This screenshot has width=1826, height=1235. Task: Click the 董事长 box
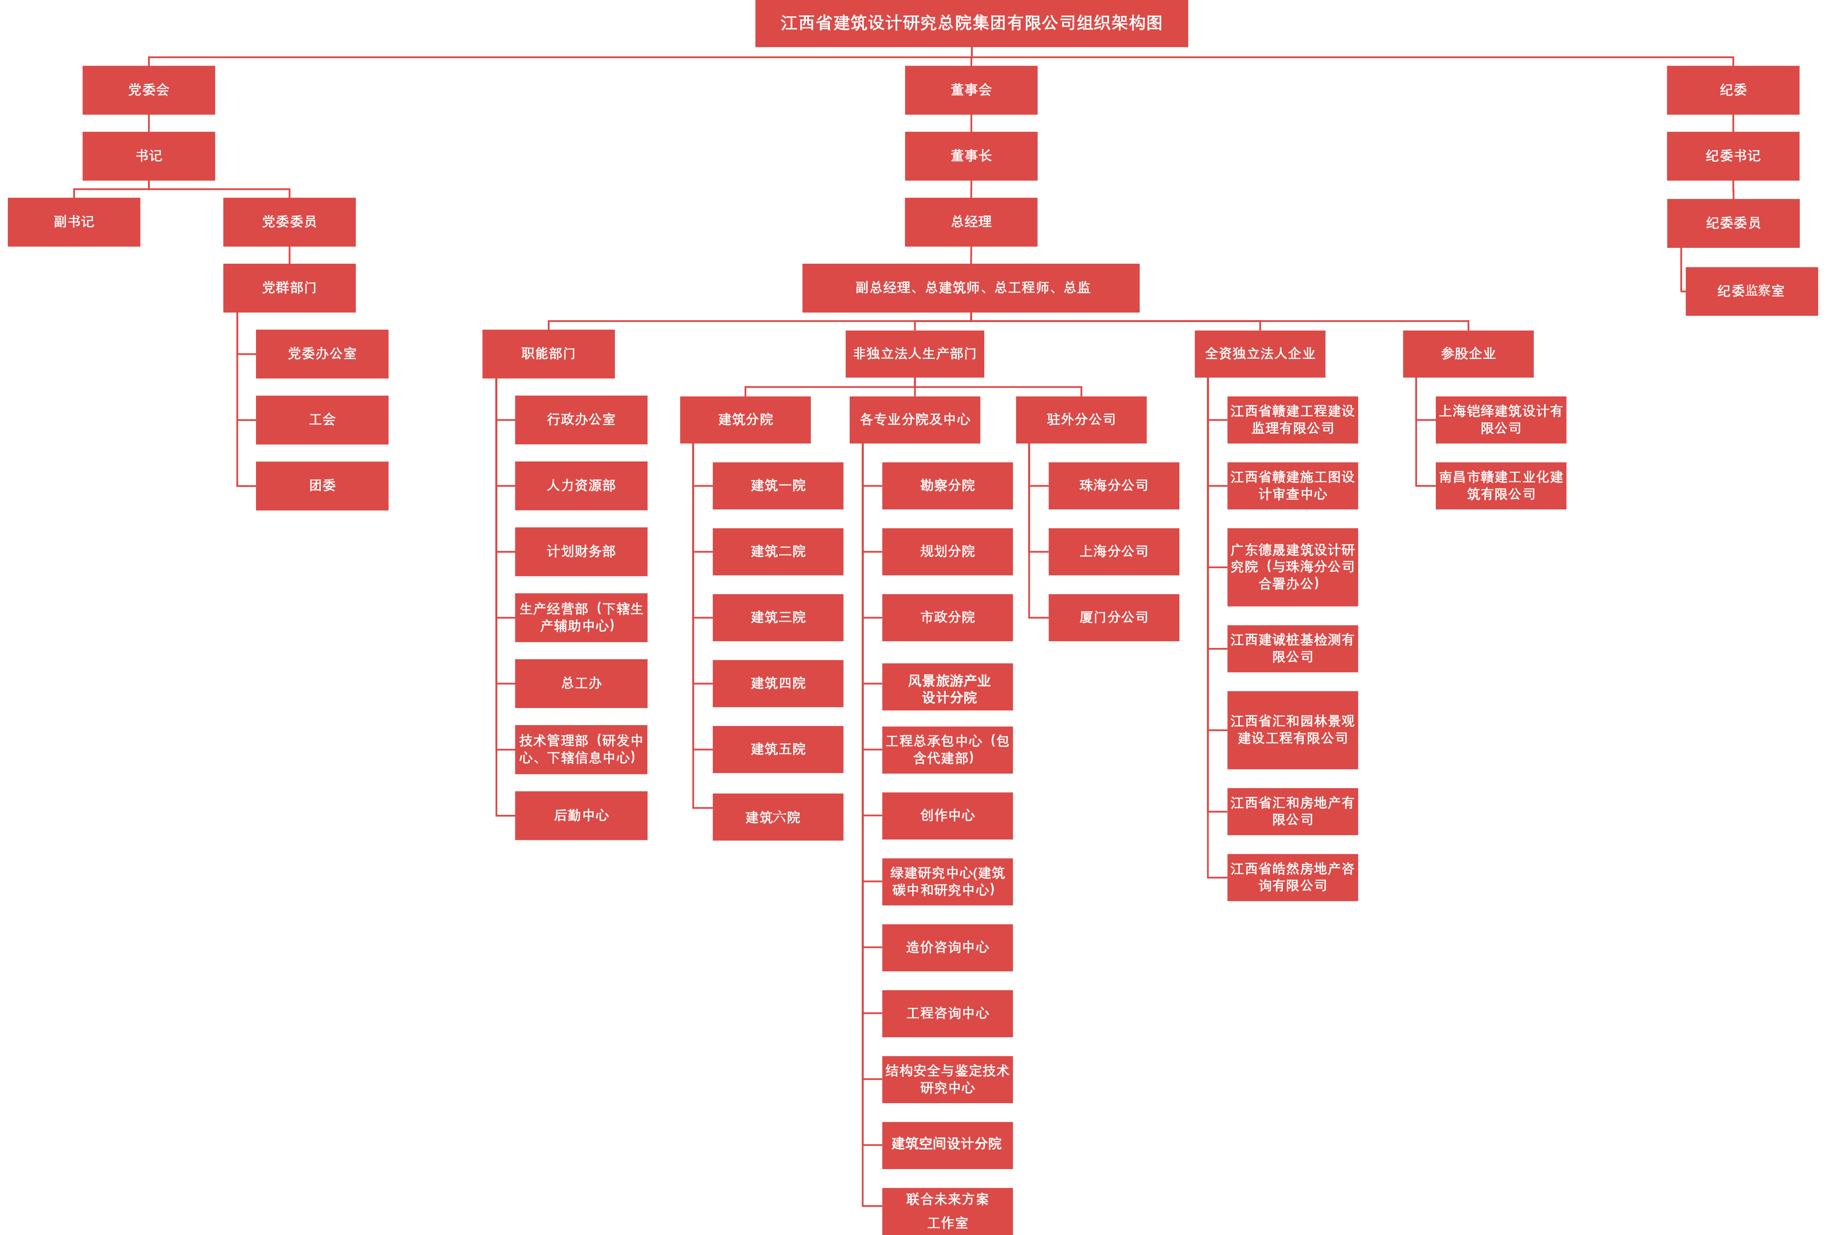[x=971, y=156]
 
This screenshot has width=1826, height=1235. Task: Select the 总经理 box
[x=971, y=222]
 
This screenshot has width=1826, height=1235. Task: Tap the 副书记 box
[x=74, y=222]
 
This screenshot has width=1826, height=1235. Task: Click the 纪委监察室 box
[x=1751, y=291]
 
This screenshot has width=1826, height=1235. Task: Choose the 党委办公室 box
[x=322, y=354]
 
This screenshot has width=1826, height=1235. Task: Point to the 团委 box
[x=322, y=486]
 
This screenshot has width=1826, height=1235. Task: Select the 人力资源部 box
[x=582, y=486]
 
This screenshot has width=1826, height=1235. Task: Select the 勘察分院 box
[x=948, y=486]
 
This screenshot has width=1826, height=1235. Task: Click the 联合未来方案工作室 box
[x=948, y=1211]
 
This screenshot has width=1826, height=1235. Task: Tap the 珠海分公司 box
[x=1114, y=486]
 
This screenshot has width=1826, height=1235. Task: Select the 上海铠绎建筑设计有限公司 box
[x=1501, y=420]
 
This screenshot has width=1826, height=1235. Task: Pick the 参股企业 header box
[x=1468, y=354]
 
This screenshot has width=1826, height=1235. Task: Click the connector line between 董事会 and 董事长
[x=971, y=123]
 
